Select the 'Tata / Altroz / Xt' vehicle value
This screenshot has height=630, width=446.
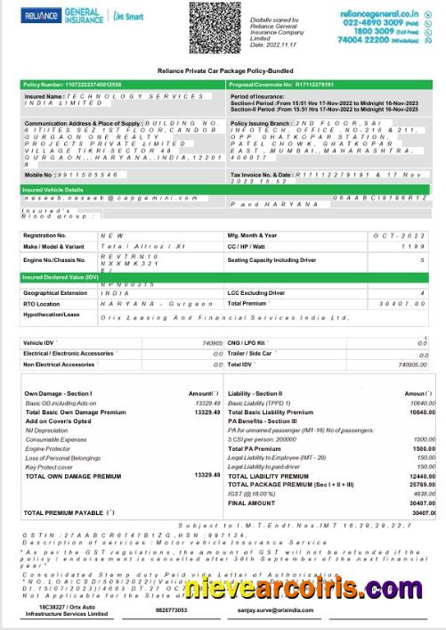(x=125, y=246)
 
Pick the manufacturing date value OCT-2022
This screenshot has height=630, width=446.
(x=406, y=234)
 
